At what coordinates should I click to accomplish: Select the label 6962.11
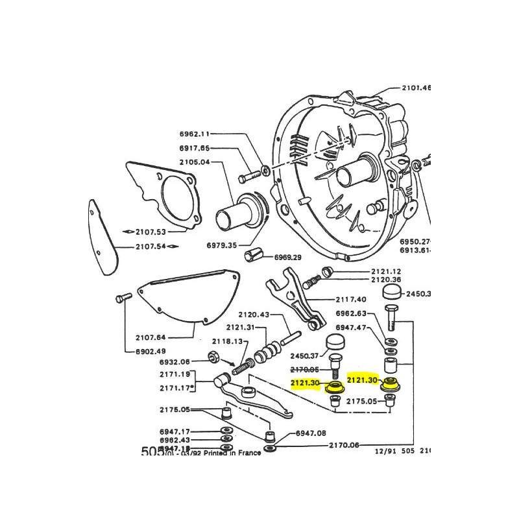195,134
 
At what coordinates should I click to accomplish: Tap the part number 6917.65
195,148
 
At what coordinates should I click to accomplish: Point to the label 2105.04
195,162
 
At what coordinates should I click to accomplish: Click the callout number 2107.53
150,232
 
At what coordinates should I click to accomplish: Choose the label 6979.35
222,245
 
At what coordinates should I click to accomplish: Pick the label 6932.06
175,361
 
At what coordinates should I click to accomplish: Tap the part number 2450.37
306,355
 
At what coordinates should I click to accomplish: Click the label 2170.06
343,445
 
